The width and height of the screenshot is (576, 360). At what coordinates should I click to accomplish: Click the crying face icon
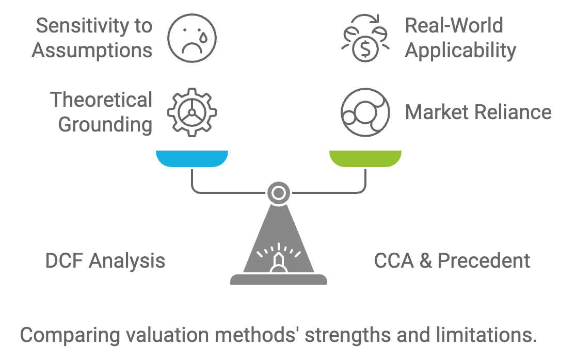pos(192,38)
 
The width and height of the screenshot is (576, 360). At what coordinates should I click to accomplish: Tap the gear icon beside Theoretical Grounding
pos(192,112)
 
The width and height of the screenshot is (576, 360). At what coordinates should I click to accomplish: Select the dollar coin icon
pos(365,38)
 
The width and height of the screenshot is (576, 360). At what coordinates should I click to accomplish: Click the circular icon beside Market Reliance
pos(365,112)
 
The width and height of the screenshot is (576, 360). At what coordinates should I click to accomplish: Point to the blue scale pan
pos(192,158)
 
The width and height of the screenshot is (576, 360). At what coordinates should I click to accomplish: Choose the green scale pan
pos(365,158)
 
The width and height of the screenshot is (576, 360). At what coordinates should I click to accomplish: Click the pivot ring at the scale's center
pos(278,193)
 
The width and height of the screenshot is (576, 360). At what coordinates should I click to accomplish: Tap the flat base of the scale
pos(278,279)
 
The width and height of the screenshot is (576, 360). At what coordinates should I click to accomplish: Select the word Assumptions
pos(92,51)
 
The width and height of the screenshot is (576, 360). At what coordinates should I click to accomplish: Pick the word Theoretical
pos(101,100)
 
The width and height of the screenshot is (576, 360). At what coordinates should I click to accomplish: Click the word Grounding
pos(105,125)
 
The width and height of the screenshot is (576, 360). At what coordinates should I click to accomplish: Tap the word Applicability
pos(461,51)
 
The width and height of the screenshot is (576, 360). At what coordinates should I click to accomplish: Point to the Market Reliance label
pos(478,112)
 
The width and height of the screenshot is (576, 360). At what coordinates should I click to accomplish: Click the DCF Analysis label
pos(105,261)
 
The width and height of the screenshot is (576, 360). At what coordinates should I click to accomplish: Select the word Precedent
pos(484,261)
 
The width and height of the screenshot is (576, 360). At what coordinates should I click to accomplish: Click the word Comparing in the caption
pos(70,335)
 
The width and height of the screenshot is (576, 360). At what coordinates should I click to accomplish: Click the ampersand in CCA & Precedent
pos(426,261)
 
